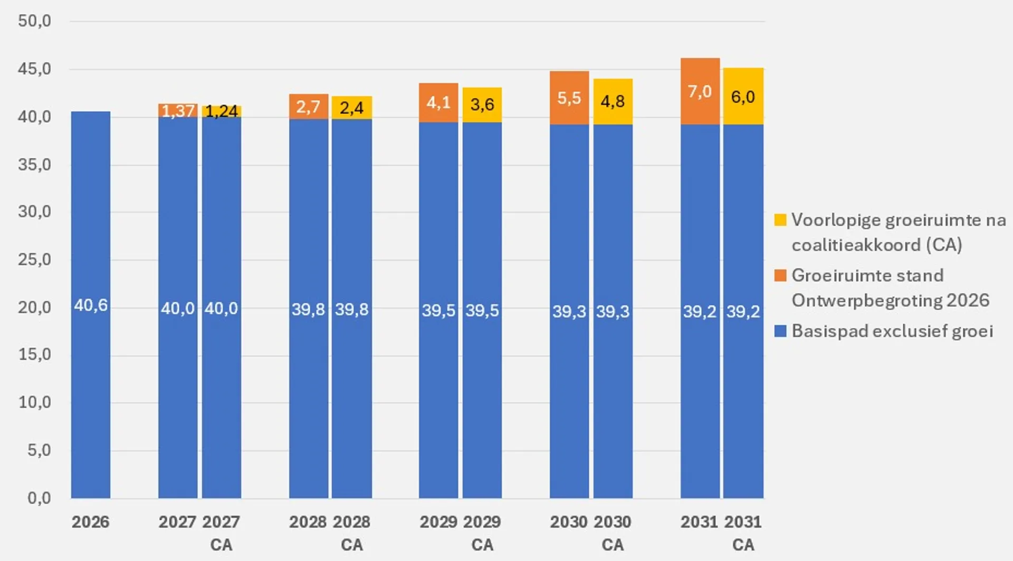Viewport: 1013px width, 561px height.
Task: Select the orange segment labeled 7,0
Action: (x=700, y=91)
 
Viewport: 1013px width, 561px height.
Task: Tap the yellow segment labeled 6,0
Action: (x=743, y=96)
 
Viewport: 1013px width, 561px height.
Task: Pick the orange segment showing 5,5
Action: (x=569, y=98)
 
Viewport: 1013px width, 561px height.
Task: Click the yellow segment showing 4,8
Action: (x=613, y=101)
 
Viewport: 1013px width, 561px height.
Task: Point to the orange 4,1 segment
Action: (x=438, y=102)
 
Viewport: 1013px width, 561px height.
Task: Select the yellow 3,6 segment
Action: (x=482, y=104)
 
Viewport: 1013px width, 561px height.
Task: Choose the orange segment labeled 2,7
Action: (x=308, y=107)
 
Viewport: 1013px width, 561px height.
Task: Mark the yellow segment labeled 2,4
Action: (x=351, y=108)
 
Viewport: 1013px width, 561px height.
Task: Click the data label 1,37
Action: (x=178, y=111)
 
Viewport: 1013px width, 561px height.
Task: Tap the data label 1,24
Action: (x=221, y=111)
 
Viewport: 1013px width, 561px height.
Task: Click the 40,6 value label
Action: (x=91, y=305)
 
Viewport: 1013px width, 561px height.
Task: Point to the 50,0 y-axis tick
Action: (x=34, y=21)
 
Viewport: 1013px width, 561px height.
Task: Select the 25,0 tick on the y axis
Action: (x=34, y=259)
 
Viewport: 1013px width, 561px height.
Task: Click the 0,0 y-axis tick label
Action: (x=39, y=498)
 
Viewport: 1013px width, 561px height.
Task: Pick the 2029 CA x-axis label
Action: (x=482, y=533)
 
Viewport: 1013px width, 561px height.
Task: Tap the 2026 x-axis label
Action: (x=91, y=522)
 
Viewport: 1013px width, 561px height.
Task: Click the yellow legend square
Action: (x=780, y=220)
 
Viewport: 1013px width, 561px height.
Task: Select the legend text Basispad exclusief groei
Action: (x=892, y=331)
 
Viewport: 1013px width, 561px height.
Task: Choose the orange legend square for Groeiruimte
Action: (x=780, y=275)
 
